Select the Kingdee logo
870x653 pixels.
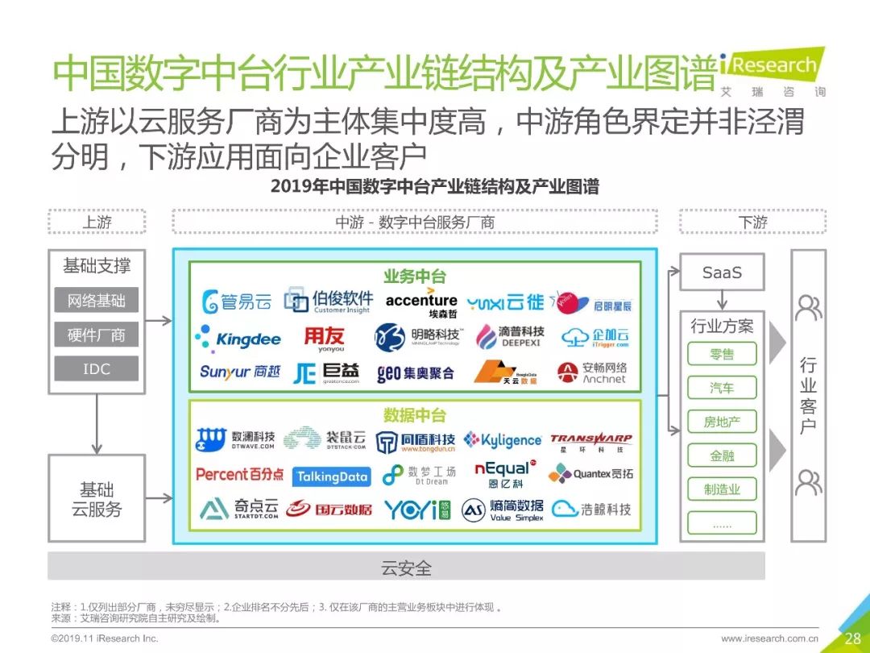tap(238, 339)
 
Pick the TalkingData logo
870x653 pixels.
tap(331, 476)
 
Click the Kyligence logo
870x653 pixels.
tap(503, 440)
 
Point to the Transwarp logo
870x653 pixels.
tap(591, 441)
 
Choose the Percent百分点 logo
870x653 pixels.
tap(239, 475)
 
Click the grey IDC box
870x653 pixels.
tap(97, 369)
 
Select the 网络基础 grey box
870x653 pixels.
tap(97, 302)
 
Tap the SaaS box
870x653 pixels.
tap(722, 272)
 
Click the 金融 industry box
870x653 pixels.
tap(722, 455)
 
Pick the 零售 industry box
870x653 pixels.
tap(722, 354)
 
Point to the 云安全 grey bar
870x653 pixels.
tap(406, 568)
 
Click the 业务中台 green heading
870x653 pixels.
tap(414, 277)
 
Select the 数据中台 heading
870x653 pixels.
tap(414, 415)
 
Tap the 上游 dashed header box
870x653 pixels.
tap(97, 223)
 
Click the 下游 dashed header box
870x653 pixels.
tap(752, 223)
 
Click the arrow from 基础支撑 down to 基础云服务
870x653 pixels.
tap(97, 424)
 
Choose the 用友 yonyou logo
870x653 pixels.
tap(324, 338)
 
